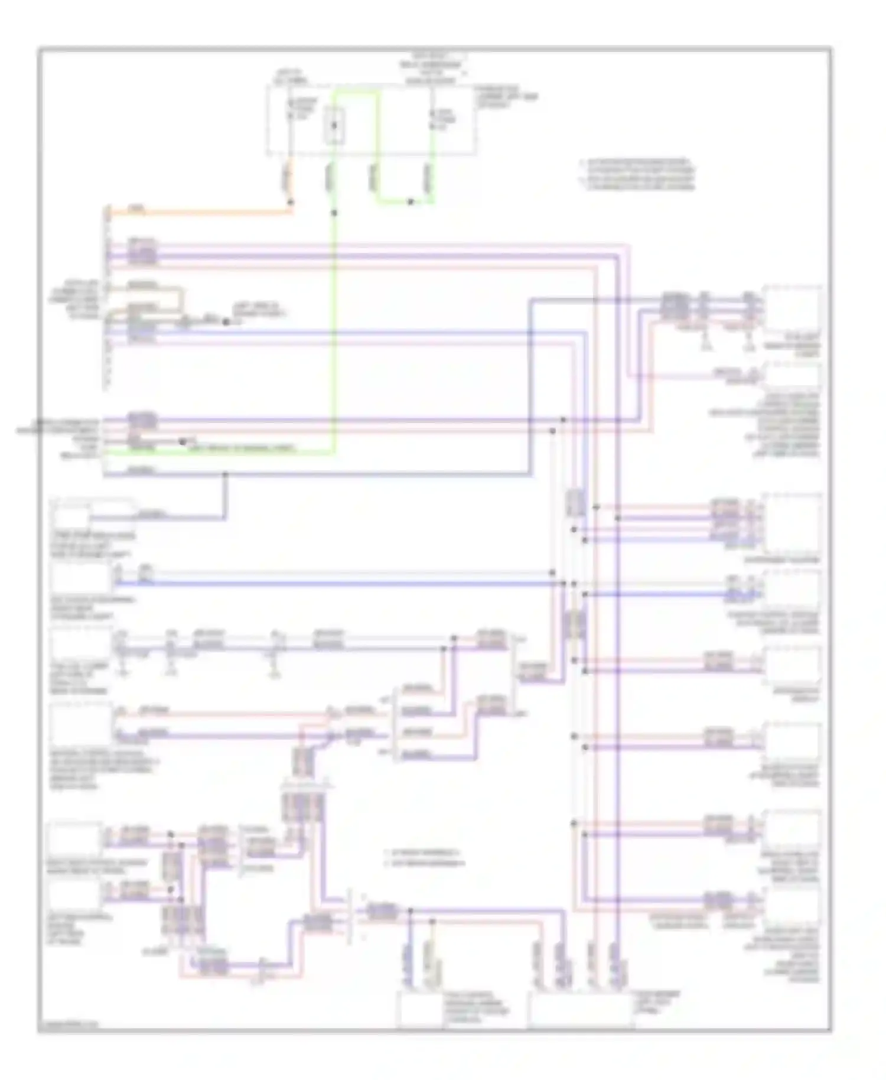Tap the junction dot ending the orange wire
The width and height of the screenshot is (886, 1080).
tap(291, 202)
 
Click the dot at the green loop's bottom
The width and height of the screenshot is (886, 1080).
tap(411, 202)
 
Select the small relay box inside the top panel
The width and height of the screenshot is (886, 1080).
tap(334, 126)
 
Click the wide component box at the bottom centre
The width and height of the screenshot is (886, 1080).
tap(580, 1010)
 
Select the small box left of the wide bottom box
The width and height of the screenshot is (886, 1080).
tap(418, 1010)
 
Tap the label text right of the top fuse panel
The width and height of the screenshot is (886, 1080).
tap(507, 100)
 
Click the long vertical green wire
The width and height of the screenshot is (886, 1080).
tap(334, 331)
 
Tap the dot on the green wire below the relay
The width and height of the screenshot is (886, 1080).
tap(334, 212)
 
